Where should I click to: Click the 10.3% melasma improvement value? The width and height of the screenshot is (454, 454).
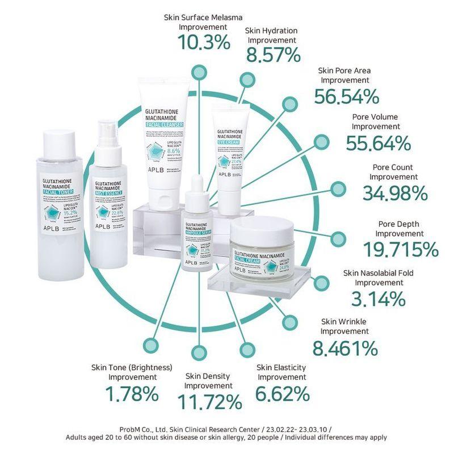204,42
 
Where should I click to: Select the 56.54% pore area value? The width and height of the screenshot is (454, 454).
347,96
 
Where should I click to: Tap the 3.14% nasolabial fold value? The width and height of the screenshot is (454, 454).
378,297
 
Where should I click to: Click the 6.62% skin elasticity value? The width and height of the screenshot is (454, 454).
282,393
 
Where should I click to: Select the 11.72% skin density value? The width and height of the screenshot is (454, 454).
209,402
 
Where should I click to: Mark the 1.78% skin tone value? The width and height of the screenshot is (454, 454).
132,393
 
